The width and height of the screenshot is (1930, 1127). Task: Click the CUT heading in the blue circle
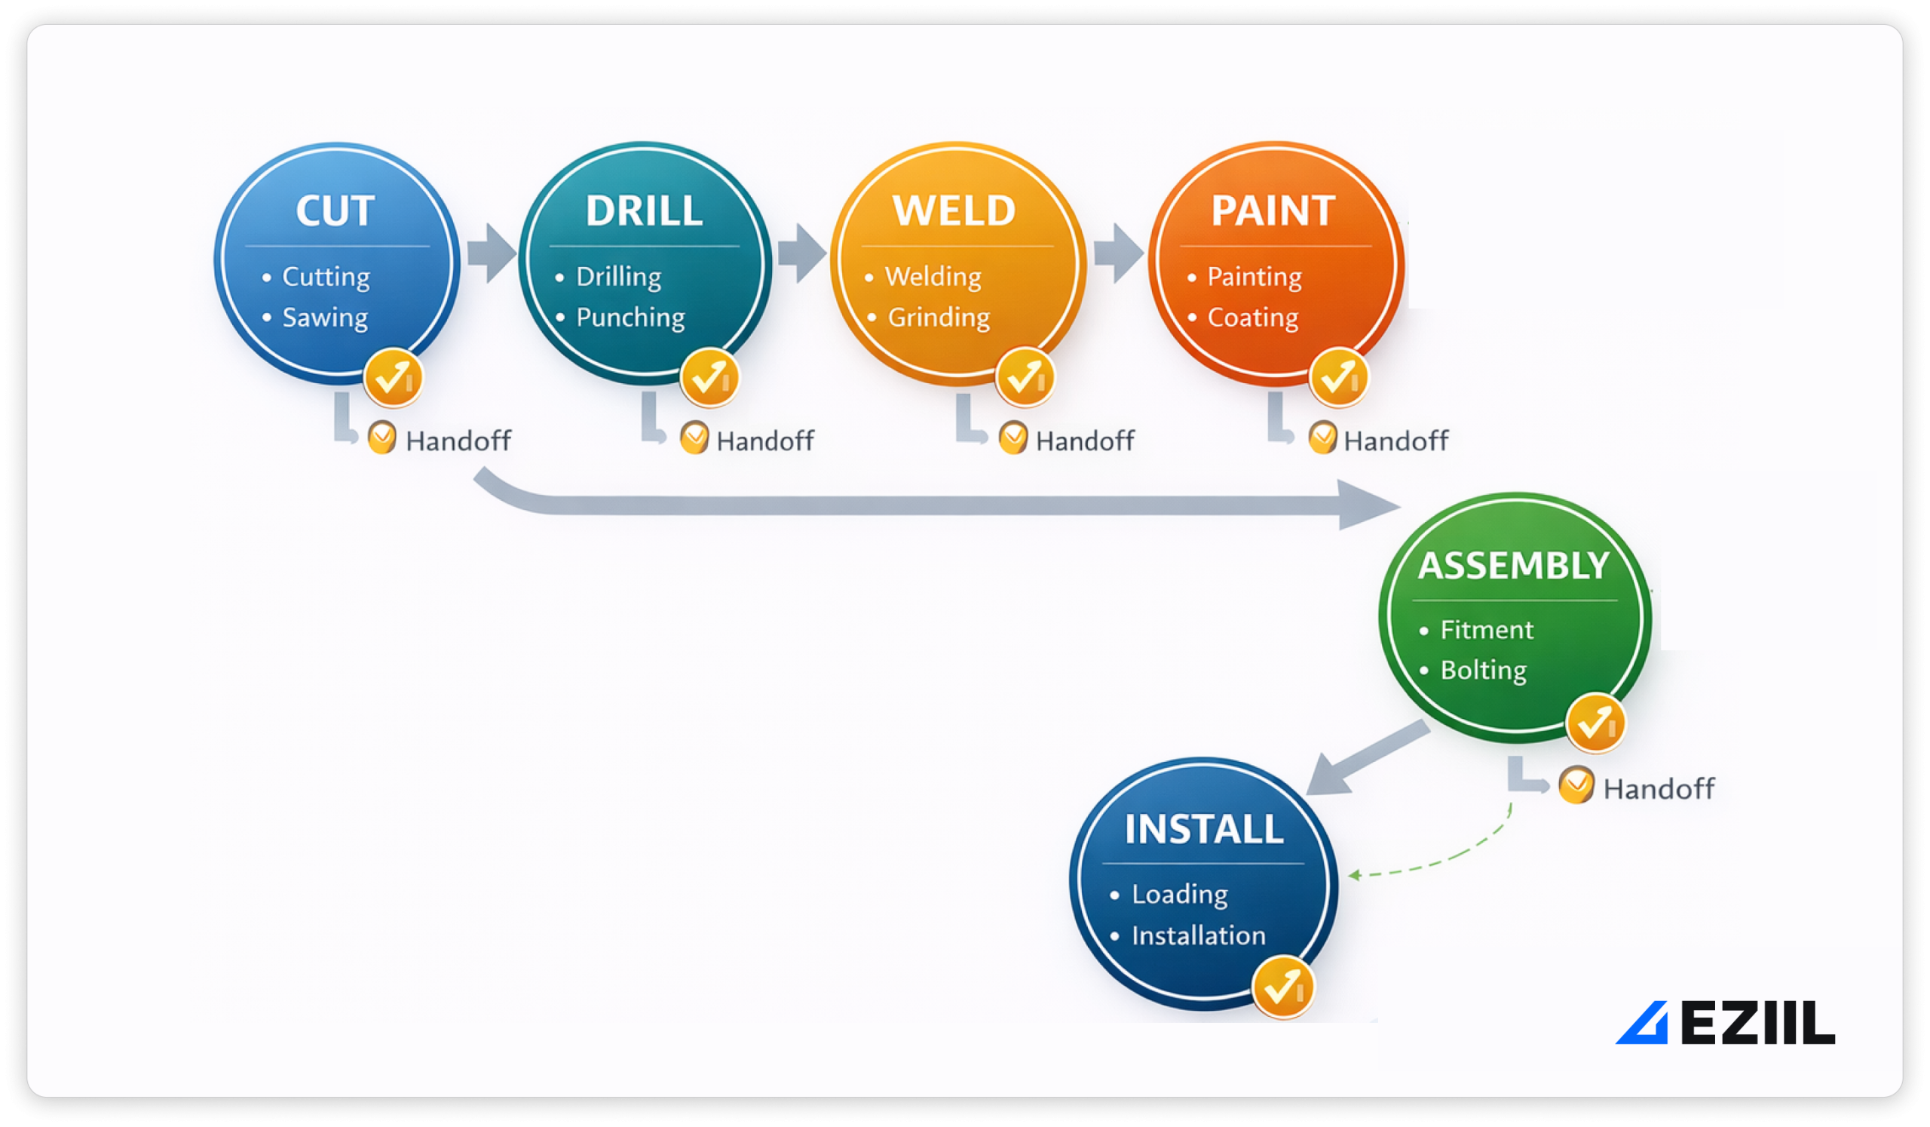[335, 210]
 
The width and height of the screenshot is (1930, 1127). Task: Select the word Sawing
[325, 317]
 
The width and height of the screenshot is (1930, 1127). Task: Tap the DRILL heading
[643, 210]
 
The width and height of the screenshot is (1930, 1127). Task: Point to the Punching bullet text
[630, 317]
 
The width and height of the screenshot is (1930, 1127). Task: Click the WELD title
[954, 210]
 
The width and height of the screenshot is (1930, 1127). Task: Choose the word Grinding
[938, 317]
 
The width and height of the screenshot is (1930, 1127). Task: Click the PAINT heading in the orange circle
[1273, 210]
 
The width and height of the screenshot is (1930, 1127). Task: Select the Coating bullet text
[1252, 317]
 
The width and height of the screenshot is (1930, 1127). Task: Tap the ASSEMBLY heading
[1513, 566]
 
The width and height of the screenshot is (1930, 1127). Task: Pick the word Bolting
[1483, 671]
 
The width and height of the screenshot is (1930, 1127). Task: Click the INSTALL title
[1203, 829]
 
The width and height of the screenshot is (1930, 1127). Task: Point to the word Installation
[1198, 935]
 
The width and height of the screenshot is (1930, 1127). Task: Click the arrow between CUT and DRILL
[491, 253]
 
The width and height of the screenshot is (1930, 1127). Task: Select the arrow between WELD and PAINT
[1117, 253]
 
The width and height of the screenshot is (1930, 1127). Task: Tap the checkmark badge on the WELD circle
[1025, 377]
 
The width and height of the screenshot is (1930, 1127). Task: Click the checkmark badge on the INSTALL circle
[1282, 987]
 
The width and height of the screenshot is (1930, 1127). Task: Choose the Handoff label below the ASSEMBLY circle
[1658, 789]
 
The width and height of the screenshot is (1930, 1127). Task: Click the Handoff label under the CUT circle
[458, 441]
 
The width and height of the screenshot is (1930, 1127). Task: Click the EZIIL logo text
[1757, 1023]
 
